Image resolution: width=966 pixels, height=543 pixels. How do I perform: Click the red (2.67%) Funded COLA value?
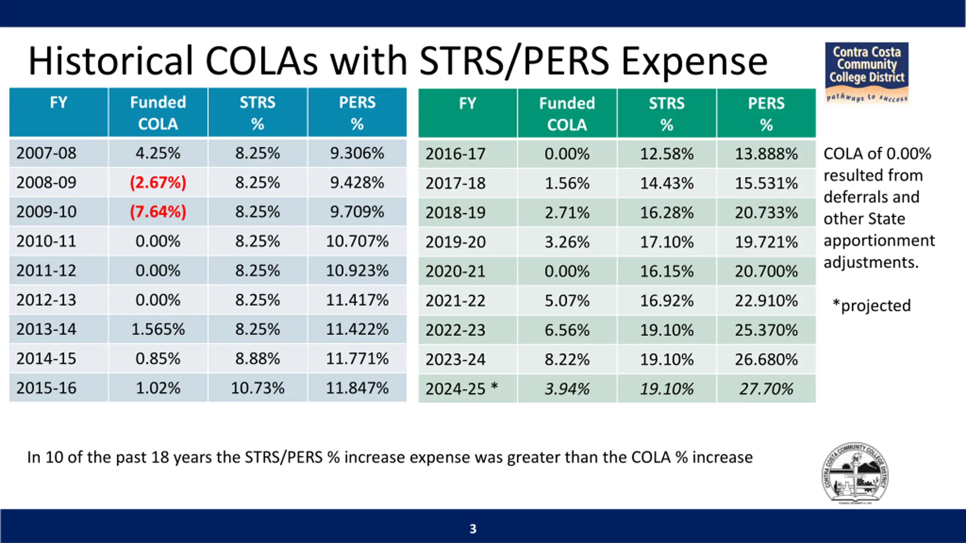pos(158,183)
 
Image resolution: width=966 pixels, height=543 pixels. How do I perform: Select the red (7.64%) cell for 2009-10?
pos(158,212)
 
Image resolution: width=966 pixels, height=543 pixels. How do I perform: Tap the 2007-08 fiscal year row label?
pos(46,153)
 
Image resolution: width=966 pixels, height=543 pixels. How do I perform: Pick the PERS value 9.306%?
pos(357,153)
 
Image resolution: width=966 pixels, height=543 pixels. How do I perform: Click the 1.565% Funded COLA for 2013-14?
pos(158,329)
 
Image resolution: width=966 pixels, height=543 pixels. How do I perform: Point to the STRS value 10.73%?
pos(257,388)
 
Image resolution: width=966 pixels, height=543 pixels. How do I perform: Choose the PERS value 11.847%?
pos(357,388)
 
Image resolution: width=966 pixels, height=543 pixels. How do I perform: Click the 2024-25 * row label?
pos(461,389)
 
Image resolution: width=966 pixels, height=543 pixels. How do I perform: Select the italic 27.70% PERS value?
pos(766,389)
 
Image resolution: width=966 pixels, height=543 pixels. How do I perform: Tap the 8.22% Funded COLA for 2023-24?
pos(567,359)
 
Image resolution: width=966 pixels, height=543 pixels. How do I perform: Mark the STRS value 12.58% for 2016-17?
pos(666,154)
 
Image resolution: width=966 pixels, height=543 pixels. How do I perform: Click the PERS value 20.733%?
pos(766,213)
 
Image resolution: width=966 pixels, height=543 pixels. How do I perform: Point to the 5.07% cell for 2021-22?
pos(567,301)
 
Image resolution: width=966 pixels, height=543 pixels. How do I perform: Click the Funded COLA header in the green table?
pos(567,114)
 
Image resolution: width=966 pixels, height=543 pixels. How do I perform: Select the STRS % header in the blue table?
pos(257,113)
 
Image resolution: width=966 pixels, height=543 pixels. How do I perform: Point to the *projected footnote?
pos(872,305)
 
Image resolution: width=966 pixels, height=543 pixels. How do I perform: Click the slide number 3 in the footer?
pos(473,529)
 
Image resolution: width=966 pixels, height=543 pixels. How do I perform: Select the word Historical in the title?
pos(110,61)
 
